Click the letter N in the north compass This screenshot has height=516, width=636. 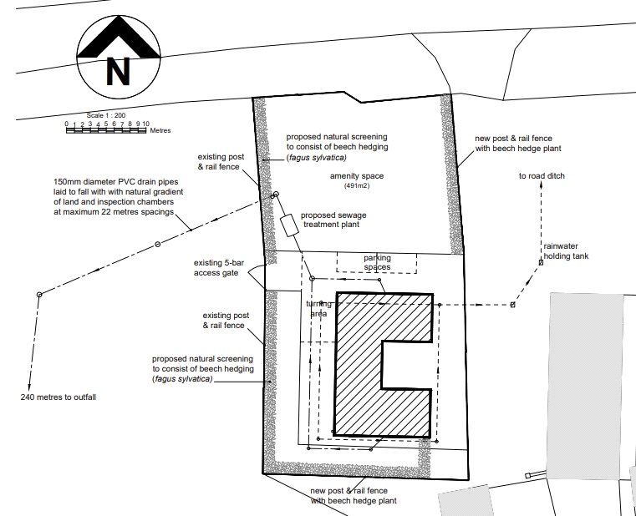118,71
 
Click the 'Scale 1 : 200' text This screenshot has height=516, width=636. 106,115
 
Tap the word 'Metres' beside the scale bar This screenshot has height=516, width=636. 160,130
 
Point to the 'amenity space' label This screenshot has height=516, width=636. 357,176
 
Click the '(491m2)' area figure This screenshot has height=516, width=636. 357,185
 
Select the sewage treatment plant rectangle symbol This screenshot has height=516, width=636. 290,225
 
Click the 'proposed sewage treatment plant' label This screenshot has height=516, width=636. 333,220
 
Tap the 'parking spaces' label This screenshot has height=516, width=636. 377,262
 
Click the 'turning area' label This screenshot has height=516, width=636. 318,308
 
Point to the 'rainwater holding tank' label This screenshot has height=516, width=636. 566,251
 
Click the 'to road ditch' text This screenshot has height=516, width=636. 542,176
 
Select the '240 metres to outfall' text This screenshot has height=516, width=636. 58,397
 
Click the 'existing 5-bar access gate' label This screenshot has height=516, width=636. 219,268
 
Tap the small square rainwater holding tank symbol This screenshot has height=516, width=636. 541,262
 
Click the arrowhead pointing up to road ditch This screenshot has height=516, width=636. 541,185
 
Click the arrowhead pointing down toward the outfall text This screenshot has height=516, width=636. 29,387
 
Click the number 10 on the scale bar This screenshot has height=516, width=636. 146,124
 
